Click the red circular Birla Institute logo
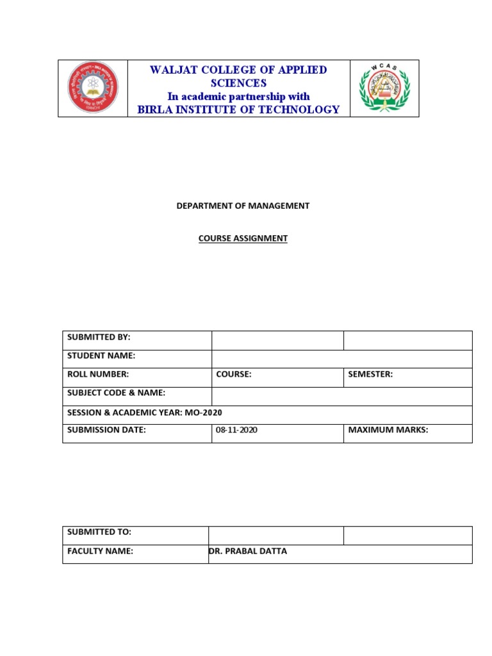coord(94,88)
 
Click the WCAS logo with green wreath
coord(384,88)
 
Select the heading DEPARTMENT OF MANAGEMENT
coord(243,206)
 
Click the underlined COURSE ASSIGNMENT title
coord(243,238)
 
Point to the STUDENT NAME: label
coord(101,356)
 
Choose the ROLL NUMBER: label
coord(98,374)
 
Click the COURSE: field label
coord(234,374)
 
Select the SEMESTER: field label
coord(370,374)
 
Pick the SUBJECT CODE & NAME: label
coord(116,393)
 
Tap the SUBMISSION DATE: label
coord(106,430)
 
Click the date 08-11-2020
coord(237,430)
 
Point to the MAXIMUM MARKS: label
coord(388,430)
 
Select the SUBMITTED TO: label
coord(99,532)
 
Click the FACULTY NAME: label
coord(100,551)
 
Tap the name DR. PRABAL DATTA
coord(248,551)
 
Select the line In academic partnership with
coord(238,97)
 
